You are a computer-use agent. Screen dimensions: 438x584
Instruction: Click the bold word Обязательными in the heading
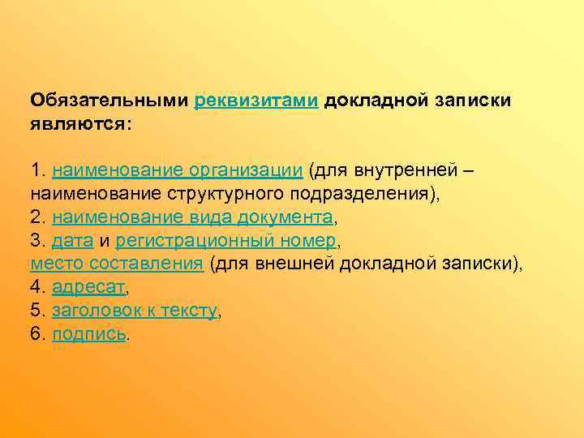point(109,101)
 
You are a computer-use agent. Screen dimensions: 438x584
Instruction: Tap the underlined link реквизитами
point(257,101)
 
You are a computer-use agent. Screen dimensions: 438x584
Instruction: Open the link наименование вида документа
point(192,217)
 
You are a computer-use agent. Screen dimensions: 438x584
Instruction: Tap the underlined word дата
point(72,241)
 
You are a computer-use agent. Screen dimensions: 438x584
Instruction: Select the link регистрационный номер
point(225,241)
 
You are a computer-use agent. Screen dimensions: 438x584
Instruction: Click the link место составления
point(116,264)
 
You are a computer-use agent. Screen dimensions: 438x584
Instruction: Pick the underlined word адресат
point(89,287)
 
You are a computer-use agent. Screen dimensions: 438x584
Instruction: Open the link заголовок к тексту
point(135,310)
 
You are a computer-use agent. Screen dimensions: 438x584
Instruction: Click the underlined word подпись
point(89,333)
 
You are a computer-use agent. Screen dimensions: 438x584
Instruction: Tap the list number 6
point(36,333)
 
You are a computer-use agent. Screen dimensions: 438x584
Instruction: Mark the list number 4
point(36,287)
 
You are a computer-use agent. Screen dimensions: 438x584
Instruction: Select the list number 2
point(36,217)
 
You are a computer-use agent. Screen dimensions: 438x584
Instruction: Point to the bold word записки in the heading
point(474,101)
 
